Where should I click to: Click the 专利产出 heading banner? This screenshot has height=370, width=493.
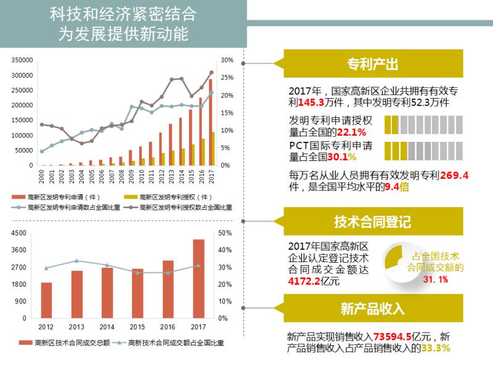[372, 64]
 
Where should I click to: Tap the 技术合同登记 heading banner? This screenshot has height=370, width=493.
[372, 221]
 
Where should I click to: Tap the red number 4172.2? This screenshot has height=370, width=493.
[304, 281]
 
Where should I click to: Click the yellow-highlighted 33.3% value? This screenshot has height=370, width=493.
[436, 348]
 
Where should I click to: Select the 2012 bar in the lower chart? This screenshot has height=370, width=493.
[46, 300]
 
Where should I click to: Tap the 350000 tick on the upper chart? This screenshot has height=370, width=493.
[22, 60]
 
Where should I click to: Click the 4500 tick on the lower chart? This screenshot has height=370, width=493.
[19, 233]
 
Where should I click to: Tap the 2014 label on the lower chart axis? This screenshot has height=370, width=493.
[107, 327]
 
